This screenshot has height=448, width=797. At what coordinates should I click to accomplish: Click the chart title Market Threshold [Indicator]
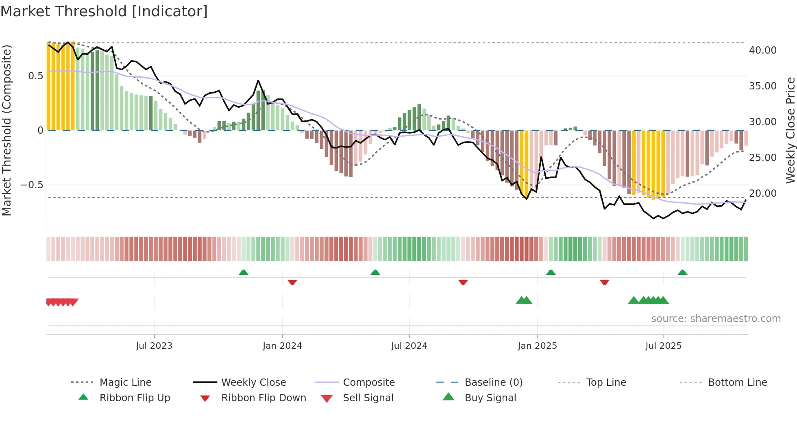pyautogui.click(x=104, y=11)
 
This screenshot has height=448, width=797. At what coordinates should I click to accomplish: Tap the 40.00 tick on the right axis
pyautogui.click(x=762, y=50)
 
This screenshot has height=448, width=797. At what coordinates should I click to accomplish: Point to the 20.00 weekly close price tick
pyautogui.click(x=762, y=194)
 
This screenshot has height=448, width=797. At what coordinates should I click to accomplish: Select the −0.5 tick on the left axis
pyautogui.click(x=32, y=185)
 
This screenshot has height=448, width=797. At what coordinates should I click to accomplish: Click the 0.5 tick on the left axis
pyautogui.click(x=35, y=76)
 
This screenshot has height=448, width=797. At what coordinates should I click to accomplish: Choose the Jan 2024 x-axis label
pyautogui.click(x=282, y=346)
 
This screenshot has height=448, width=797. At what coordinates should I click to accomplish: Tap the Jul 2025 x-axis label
pyautogui.click(x=663, y=346)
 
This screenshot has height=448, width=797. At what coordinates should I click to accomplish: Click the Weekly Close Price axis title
pyautogui.click(x=790, y=130)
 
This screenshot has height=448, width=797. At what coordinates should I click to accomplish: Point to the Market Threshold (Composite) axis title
pyautogui.click(x=7, y=130)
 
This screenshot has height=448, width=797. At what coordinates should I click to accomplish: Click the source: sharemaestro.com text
pyautogui.click(x=716, y=319)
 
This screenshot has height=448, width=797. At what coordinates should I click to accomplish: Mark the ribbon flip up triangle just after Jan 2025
pyautogui.click(x=551, y=272)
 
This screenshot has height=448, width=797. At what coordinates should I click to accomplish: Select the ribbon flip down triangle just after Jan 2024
pyautogui.click(x=292, y=282)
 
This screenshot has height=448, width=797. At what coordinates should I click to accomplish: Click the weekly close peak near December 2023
pyautogui.click(x=258, y=80)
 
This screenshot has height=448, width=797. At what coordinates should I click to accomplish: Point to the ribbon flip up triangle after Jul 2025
pyautogui.click(x=682, y=272)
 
